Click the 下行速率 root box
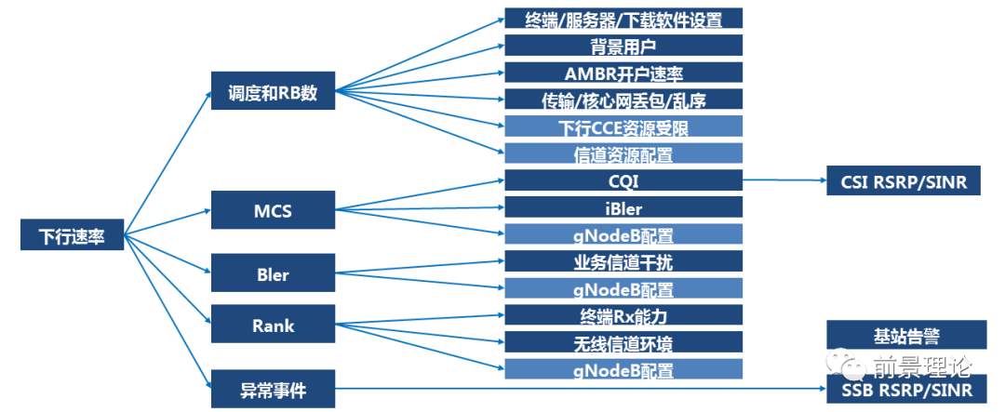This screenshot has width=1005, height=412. pyautogui.click(x=73, y=235)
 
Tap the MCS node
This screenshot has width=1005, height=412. pyautogui.click(x=273, y=210)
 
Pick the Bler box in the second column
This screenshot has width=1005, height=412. pyautogui.click(x=273, y=274)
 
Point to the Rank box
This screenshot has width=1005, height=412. pyautogui.click(x=273, y=325)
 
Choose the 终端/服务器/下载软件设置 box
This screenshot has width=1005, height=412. pyautogui.click(x=623, y=19)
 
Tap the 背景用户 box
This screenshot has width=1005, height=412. pyautogui.click(x=623, y=46)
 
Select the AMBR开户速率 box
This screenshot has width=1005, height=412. pyautogui.click(x=623, y=73)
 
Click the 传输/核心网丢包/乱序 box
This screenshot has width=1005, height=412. pyautogui.click(x=623, y=100)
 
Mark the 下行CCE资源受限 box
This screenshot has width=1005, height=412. pyautogui.click(x=623, y=126)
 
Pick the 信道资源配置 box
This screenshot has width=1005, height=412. pyautogui.click(x=623, y=153)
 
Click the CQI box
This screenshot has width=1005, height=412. pyautogui.click(x=623, y=180)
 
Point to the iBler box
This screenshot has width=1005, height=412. pyautogui.click(x=623, y=207)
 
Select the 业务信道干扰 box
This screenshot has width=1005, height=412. pyautogui.click(x=623, y=261)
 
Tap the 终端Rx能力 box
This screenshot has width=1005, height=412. pyautogui.click(x=623, y=315)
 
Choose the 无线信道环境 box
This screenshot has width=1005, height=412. pyautogui.click(x=623, y=342)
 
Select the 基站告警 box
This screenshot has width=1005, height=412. pyautogui.click(x=906, y=334)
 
